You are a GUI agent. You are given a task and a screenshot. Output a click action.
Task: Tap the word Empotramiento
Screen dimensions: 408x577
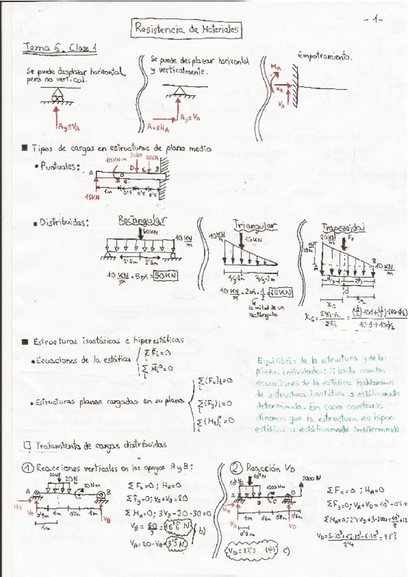pos(324,56)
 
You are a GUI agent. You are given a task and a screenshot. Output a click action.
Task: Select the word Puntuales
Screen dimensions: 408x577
pos(61,167)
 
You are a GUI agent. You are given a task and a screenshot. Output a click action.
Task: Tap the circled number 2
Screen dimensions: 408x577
pos(236,468)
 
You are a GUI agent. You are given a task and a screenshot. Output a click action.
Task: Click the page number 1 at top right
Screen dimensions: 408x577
pos(377,20)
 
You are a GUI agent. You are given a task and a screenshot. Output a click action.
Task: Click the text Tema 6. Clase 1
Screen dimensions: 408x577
pos(61,48)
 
